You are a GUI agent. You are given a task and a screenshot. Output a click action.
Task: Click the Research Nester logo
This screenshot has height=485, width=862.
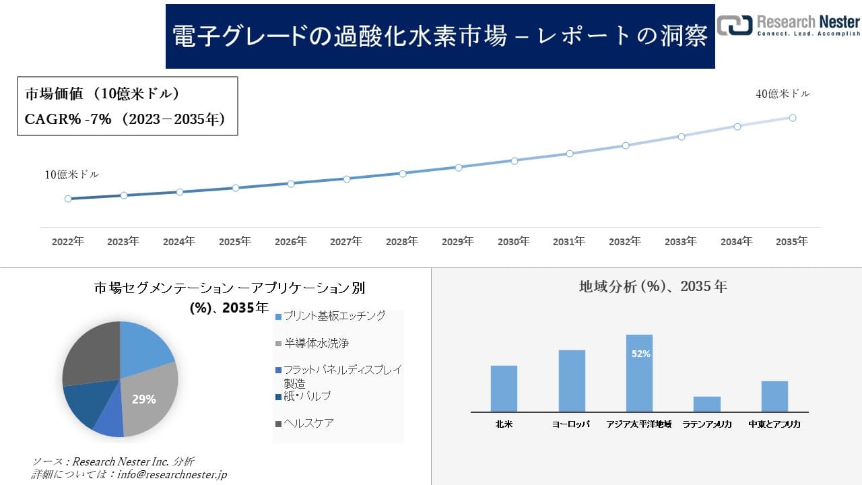[x=788, y=25]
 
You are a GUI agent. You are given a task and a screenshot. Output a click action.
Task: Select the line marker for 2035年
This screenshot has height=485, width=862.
[x=793, y=118]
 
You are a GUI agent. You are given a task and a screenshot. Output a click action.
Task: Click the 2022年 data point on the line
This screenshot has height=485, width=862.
[x=68, y=199]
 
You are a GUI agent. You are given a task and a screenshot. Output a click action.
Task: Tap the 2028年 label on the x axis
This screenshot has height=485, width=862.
[x=402, y=241]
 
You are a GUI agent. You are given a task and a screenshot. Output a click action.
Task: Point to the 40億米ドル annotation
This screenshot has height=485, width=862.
[x=783, y=94]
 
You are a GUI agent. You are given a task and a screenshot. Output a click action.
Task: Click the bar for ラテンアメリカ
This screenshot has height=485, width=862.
[x=706, y=404]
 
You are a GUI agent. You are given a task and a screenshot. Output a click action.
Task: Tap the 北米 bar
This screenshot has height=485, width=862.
[x=504, y=388]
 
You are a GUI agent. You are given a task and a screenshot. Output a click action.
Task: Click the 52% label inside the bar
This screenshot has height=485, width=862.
[x=640, y=354]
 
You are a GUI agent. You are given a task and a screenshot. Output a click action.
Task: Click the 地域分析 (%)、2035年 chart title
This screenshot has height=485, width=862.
[x=653, y=286]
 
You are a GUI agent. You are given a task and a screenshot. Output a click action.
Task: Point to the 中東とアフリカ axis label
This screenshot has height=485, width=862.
[x=774, y=424]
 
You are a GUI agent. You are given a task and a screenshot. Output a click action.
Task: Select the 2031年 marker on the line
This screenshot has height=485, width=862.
[x=570, y=154]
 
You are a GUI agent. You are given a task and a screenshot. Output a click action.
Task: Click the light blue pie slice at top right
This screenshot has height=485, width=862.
[x=145, y=345]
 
